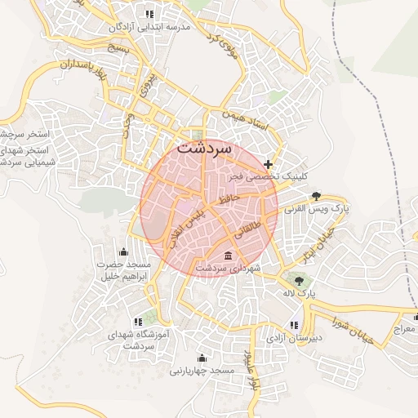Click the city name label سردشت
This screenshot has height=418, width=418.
[204, 151]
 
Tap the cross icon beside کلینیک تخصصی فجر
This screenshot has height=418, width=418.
[269, 164]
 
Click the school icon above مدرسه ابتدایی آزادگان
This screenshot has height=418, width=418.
[149, 14]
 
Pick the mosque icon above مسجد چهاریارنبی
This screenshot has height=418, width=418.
[202, 358]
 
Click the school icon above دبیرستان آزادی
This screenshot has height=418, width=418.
[294, 325]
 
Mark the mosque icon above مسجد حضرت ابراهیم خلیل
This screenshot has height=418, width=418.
[123, 251]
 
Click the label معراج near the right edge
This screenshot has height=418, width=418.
[404, 330]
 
